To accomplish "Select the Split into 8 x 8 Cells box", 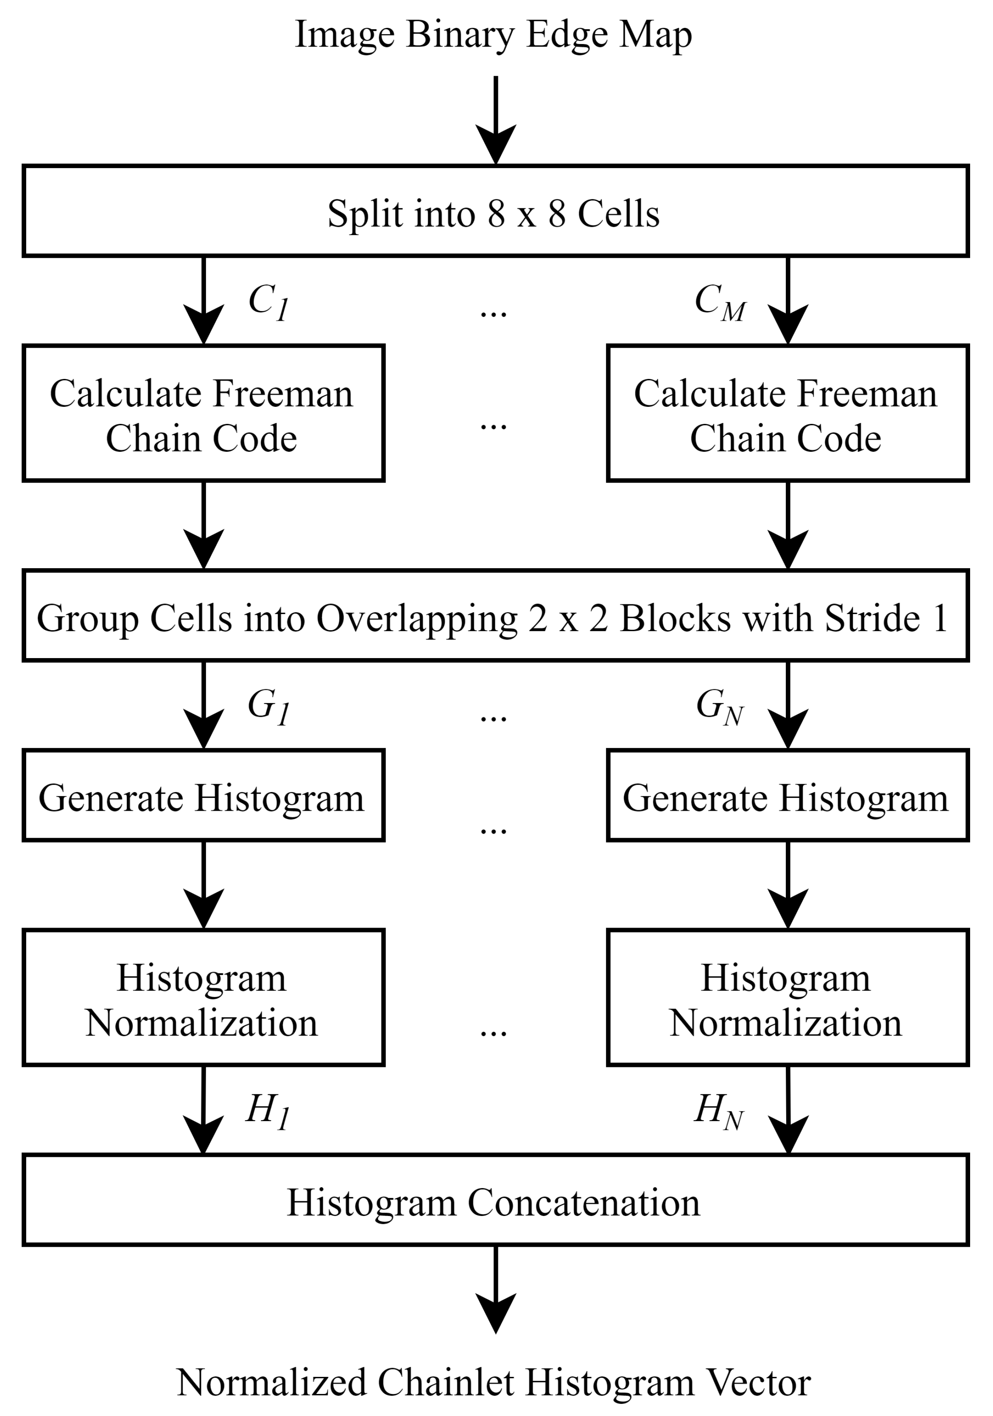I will [x=495, y=211].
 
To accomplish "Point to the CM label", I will [x=720, y=302].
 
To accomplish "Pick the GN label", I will [x=720, y=707].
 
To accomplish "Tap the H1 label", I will [x=267, y=1110].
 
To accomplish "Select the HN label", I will [x=719, y=1110].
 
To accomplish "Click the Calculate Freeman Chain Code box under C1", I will [x=203, y=413].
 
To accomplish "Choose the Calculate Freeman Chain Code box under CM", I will [x=787, y=413].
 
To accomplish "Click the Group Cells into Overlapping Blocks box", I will [x=495, y=616].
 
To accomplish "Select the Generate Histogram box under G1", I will [x=203, y=796].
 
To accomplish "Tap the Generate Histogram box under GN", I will [x=787, y=796].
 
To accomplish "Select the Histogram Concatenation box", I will [x=495, y=1200].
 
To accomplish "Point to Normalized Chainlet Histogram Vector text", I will [x=493, y=1381].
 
